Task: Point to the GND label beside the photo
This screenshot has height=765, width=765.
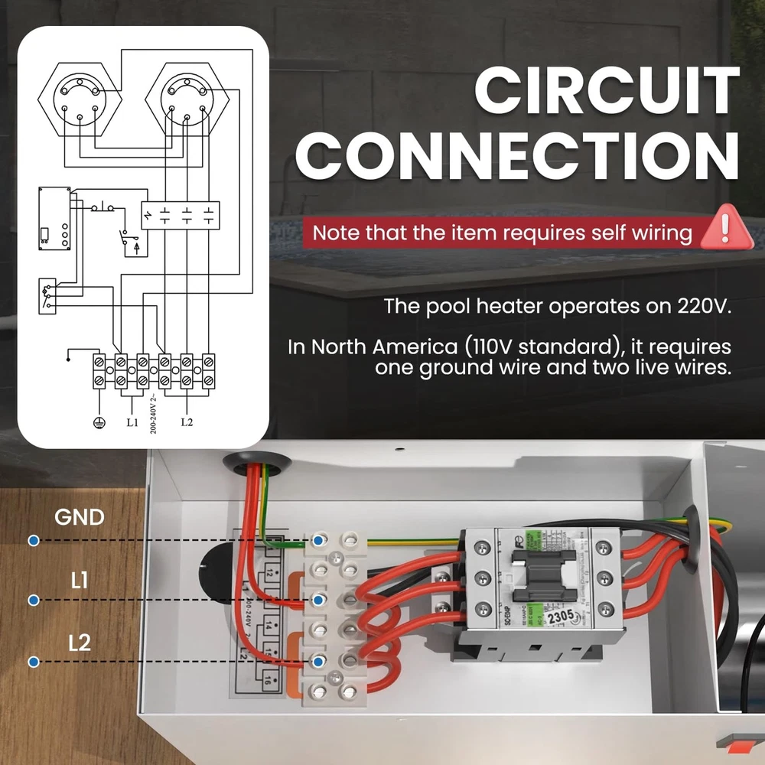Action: click(79, 517)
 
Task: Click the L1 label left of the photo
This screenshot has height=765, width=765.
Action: click(79, 581)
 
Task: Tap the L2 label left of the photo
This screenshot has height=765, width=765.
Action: click(79, 643)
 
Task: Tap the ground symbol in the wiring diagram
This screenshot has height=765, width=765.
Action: click(97, 422)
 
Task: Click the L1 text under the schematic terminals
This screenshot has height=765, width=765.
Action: click(132, 422)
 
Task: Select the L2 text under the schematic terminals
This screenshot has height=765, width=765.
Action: click(186, 422)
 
